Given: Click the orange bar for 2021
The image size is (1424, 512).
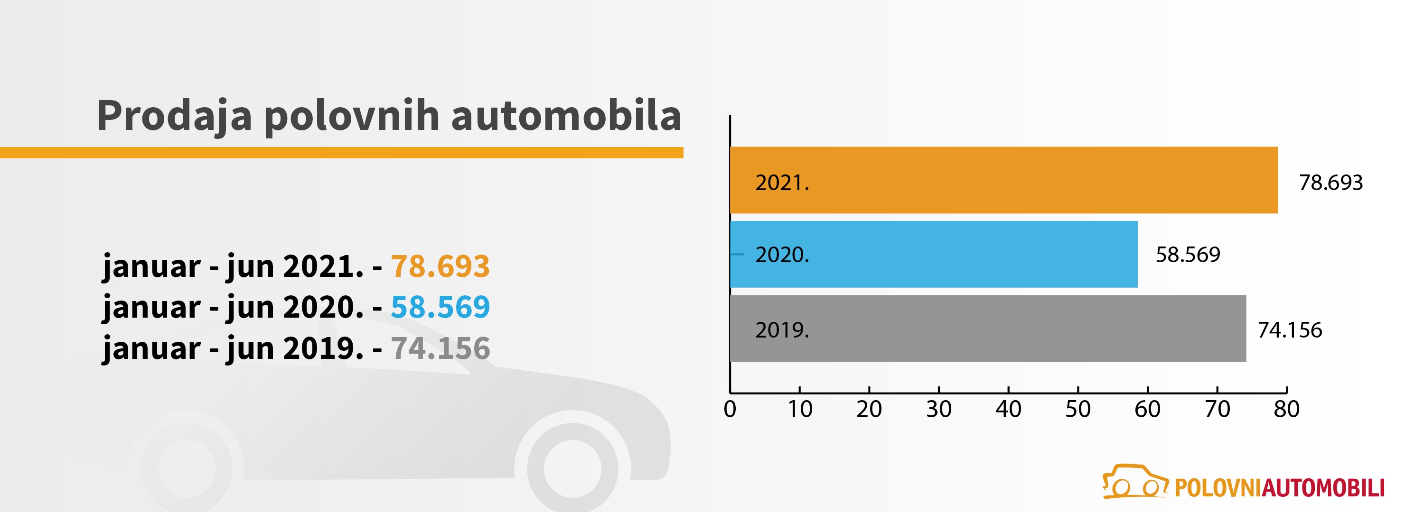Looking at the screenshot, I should tap(1003, 180).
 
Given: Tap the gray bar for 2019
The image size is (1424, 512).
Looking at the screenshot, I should tap(988, 329).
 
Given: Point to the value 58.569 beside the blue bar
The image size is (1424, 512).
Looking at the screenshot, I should tap(1188, 255).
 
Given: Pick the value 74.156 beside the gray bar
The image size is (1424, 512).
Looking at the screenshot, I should tap(1289, 330).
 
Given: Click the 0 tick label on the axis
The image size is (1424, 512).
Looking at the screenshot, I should tap(730, 409).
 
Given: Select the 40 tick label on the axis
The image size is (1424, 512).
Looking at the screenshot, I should tap(1008, 409).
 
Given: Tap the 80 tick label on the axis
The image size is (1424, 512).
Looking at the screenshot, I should tap(1286, 409).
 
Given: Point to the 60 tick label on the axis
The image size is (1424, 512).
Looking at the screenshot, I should tap(1147, 409).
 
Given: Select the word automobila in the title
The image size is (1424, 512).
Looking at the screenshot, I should tap(566, 116).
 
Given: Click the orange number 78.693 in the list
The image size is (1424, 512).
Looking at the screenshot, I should tap(440, 266).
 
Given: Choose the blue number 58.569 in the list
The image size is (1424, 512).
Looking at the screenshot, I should tap(440, 307).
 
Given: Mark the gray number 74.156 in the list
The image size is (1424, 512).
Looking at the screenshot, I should tap(440, 348).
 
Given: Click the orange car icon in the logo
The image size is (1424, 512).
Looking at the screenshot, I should tap(1135, 482).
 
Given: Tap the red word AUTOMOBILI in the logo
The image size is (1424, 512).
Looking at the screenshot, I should tap(1323, 488).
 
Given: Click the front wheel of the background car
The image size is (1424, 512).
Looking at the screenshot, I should tap(572, 468).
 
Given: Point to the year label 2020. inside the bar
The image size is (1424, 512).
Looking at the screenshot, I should tap(782, 255).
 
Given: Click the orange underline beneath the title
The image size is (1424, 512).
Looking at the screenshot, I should tap(342, 153).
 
